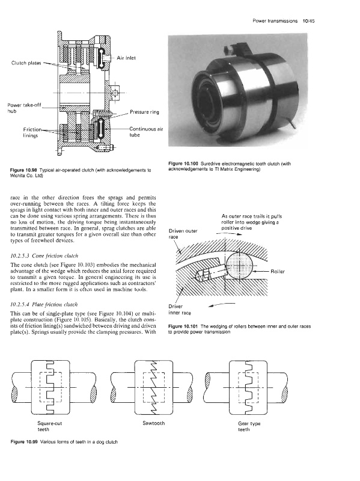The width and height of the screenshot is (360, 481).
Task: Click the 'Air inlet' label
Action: [x=126, y=58]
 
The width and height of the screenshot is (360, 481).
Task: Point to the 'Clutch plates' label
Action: [x=26, y=63]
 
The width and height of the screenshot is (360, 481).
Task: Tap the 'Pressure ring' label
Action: [x=144, y=112]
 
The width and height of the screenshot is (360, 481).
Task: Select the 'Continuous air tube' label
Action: [x=146, y=132]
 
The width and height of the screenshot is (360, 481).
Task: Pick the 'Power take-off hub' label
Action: [x=24, y=108]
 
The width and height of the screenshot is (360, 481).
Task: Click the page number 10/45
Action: [x=308, y=21]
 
